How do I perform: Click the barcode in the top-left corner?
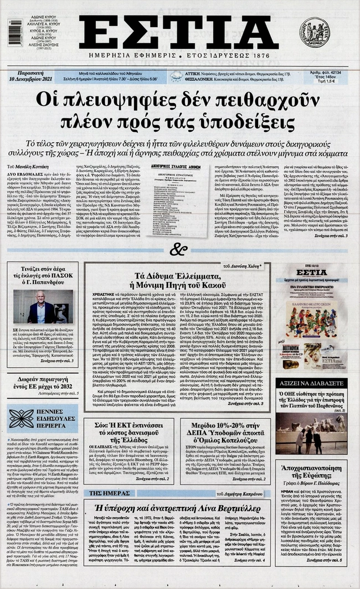[16, 32]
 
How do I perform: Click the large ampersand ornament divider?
[178, 249]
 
